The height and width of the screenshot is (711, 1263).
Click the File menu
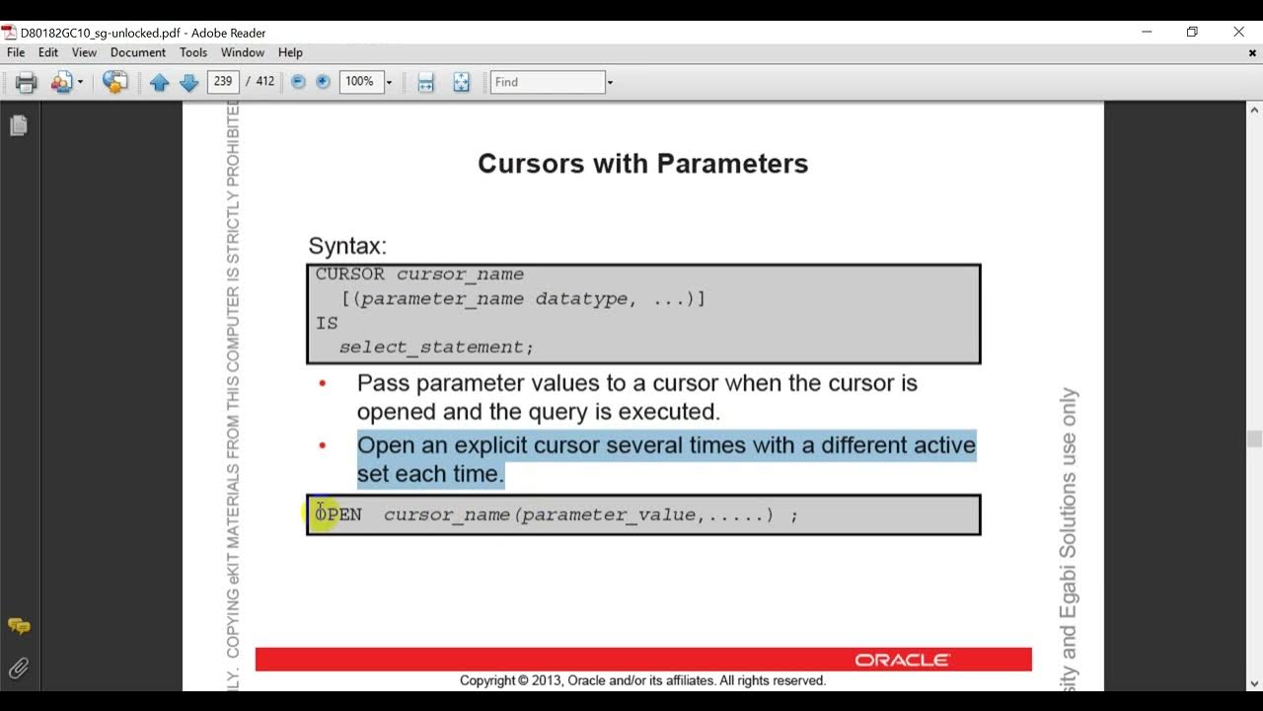click(x=15, y=52)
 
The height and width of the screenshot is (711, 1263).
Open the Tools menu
click(x=193, y=52)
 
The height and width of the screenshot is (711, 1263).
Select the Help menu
click(x=290, y=52)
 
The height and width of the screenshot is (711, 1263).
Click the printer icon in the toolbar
click(x=27, y=83)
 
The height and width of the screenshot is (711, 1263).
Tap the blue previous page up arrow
click(x=160, y=83)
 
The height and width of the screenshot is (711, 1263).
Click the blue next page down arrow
click(x=189, y=83)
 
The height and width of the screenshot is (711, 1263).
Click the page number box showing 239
click(x=223, y=82)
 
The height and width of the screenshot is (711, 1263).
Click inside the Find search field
click(x=547, y=82)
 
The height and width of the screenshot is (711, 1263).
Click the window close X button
click(x=1239, y=32)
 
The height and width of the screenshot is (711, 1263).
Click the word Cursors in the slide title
click(x=531, y=163)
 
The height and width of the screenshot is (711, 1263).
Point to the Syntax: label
click(x=347, y=246)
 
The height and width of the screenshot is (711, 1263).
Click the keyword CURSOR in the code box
click(x=350, y=275)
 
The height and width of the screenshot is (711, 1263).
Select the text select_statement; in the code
click(x=436, y=348)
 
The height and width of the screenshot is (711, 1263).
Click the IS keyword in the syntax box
click(x=327, y=323)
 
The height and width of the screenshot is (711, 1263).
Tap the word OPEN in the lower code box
click(x=338, y=514)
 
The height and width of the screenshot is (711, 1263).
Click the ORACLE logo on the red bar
click(x=902, y=660)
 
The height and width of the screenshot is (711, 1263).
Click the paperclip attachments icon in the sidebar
click(x=18, y=669)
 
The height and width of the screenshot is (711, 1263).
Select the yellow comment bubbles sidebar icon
click(x=18, y=626)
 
